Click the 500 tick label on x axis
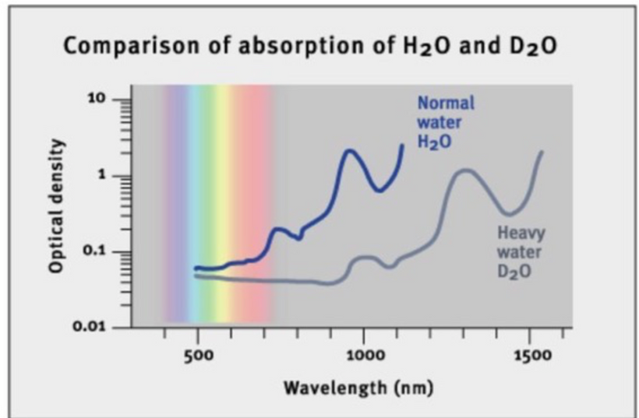pyautogui.click(x=197, y=356)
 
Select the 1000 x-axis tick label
pyautogui.click(x=363, y=356)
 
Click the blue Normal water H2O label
pyautogui.click(x=446, y=122)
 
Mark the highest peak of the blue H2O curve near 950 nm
pyautogui.click(x=349, y=150)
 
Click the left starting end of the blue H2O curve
pyautogui.click(x=196, y=268)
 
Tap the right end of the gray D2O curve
pyautogui.click(x=541, y=152)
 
